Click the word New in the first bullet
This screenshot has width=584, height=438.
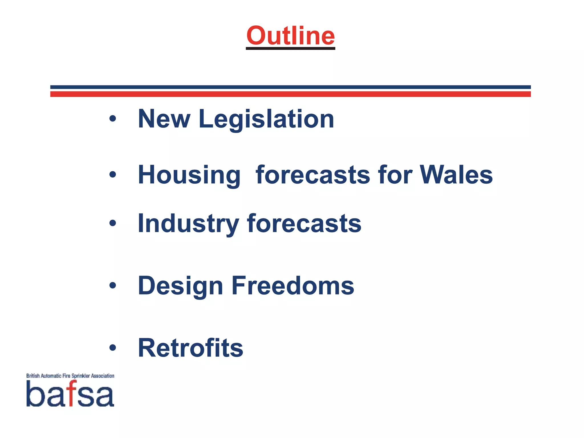(164, 119)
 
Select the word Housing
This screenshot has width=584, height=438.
(189, 175)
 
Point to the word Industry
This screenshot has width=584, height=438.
(188, 224)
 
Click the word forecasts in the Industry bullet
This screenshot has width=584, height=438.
(304, 224)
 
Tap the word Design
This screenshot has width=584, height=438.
(180, 286)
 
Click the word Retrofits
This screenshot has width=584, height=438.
(190, 348)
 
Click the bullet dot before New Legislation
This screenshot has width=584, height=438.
(113, 119)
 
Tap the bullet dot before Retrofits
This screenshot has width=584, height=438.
(113, 348)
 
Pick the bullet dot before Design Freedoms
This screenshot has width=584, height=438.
(113, 285)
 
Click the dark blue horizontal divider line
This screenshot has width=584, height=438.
(290, 87)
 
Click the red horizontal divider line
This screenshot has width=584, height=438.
(290, 94)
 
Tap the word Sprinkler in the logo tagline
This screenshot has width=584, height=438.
(81, 376)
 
